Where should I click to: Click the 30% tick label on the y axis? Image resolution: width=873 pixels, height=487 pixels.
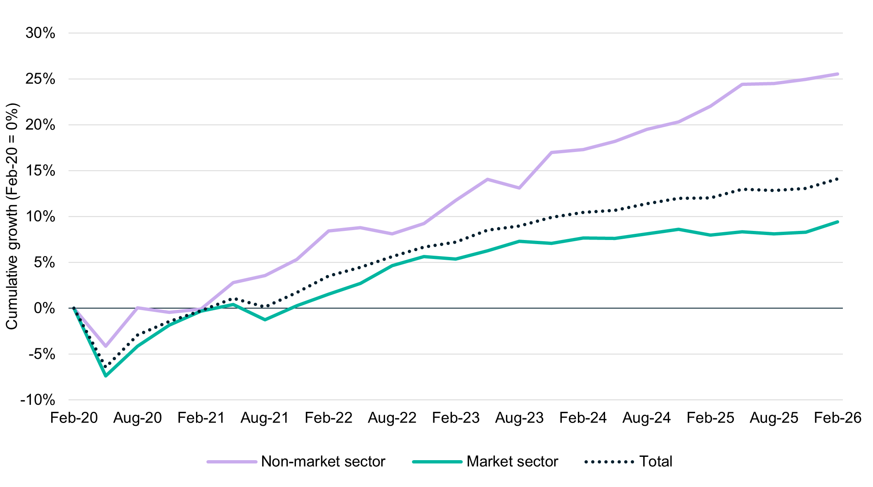pos(40,33)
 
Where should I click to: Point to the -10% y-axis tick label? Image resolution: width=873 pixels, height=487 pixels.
pos(38,400)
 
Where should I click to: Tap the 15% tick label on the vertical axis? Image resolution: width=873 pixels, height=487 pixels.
pos(40,171)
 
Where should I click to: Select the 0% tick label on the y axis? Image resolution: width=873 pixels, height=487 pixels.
pos(44,308)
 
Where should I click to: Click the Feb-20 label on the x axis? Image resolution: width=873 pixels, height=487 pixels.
pos(74,418)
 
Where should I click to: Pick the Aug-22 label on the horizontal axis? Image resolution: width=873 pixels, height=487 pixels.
pos(392,418)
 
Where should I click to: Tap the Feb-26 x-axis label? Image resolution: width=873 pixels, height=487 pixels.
pos(838,418)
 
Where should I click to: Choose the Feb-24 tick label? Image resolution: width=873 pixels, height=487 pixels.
pos(583,418)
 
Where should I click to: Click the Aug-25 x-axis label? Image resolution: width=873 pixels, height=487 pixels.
pos(774,418)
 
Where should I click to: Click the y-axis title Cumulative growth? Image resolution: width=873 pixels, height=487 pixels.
pos(12,216)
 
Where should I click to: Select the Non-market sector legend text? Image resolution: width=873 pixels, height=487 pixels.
pos(323,461)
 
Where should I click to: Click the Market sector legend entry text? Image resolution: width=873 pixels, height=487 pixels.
pos(512,461)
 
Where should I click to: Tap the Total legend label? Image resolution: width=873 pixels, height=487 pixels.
pos(655,461)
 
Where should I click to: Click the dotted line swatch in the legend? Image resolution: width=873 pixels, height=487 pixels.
pos(609,462)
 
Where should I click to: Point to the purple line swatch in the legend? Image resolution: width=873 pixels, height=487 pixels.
pos(232,462)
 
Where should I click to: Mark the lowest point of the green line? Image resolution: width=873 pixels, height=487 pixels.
pos(106,376)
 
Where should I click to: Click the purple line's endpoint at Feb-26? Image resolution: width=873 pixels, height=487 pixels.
pos(838,74)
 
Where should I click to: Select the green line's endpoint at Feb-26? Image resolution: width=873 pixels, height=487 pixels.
pos(838,222)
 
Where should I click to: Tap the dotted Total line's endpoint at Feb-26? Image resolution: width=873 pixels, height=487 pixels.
pos(838,179)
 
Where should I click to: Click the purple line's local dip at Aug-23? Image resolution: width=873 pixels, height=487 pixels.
pos(519,188)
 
